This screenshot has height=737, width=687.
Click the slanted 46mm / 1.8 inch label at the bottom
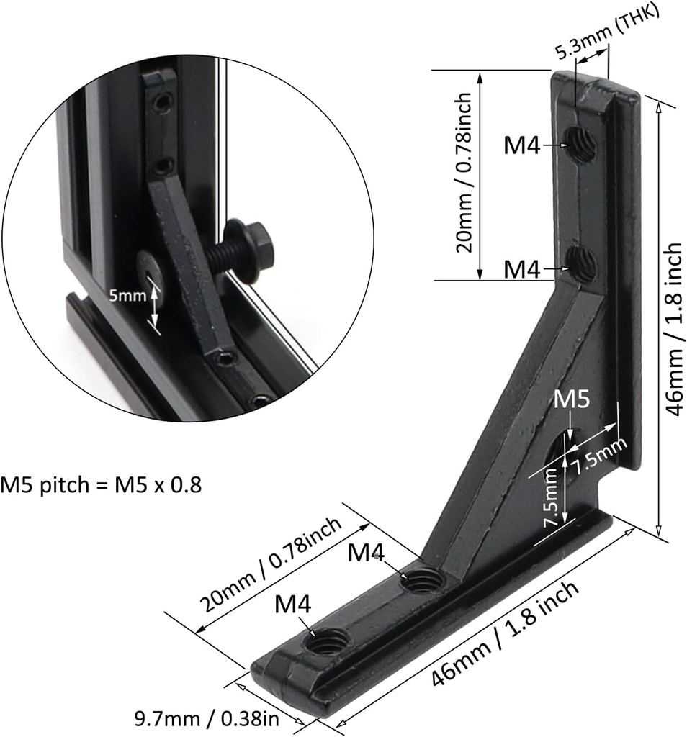tap(505, 633)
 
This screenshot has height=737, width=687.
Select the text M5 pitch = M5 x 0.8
tap(101, 484)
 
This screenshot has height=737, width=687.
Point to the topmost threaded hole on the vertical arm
tap(580, 144)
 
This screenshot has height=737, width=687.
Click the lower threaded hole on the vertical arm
tap(580, 265)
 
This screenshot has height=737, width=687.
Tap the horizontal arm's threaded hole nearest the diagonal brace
tap(422, 579)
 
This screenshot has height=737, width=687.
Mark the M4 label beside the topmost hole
tap(521, 145)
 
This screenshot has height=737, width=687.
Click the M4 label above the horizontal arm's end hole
tap(293, 605)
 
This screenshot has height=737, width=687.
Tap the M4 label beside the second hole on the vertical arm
tap(521, 268)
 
